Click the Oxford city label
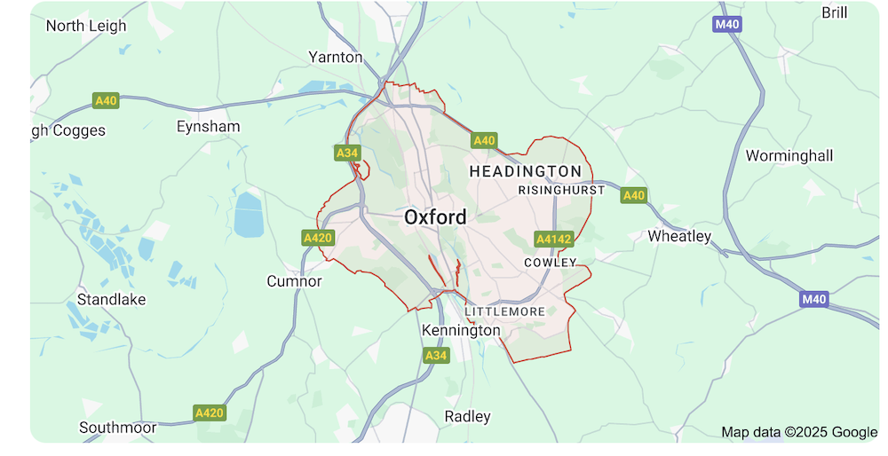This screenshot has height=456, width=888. pos(435,216)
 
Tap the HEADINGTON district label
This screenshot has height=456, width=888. pos(526,170)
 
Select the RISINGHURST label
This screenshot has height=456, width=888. pos(561,190)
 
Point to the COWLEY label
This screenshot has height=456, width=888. pos(551,263)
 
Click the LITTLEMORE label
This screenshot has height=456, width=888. pos(504,311)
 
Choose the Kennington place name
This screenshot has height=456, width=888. pos(461,330)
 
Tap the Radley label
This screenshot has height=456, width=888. pos(467,416)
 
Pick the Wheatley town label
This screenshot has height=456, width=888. pos(679,236)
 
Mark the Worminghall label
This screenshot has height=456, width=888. pos(789,156)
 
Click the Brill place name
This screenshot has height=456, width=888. pos(835,12)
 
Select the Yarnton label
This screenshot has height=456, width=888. pos(336,57)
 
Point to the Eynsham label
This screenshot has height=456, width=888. pos(209,126)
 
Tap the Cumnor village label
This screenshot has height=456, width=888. pos(294,281)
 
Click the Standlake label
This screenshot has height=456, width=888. pos(111,299)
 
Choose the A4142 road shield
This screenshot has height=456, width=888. pos(554,239)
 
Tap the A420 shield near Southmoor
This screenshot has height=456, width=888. pos(210,413)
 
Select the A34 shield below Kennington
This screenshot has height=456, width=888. pos(436,355)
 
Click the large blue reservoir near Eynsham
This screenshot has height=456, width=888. pos(249,215)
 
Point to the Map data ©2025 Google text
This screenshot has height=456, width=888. pos(799,432)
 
